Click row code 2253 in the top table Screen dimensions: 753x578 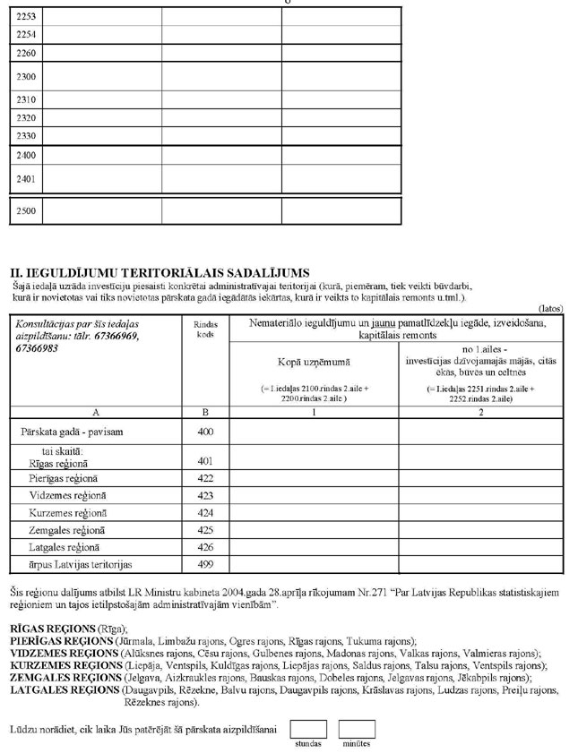(26, 16)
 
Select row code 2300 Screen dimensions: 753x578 (26, 77)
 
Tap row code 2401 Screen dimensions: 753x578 (26, 178)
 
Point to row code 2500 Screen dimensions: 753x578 (26, 211)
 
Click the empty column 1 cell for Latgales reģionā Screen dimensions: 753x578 (314, 546)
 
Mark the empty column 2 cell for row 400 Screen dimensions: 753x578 (480, 431)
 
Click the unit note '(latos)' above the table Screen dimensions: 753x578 (550, 308)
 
